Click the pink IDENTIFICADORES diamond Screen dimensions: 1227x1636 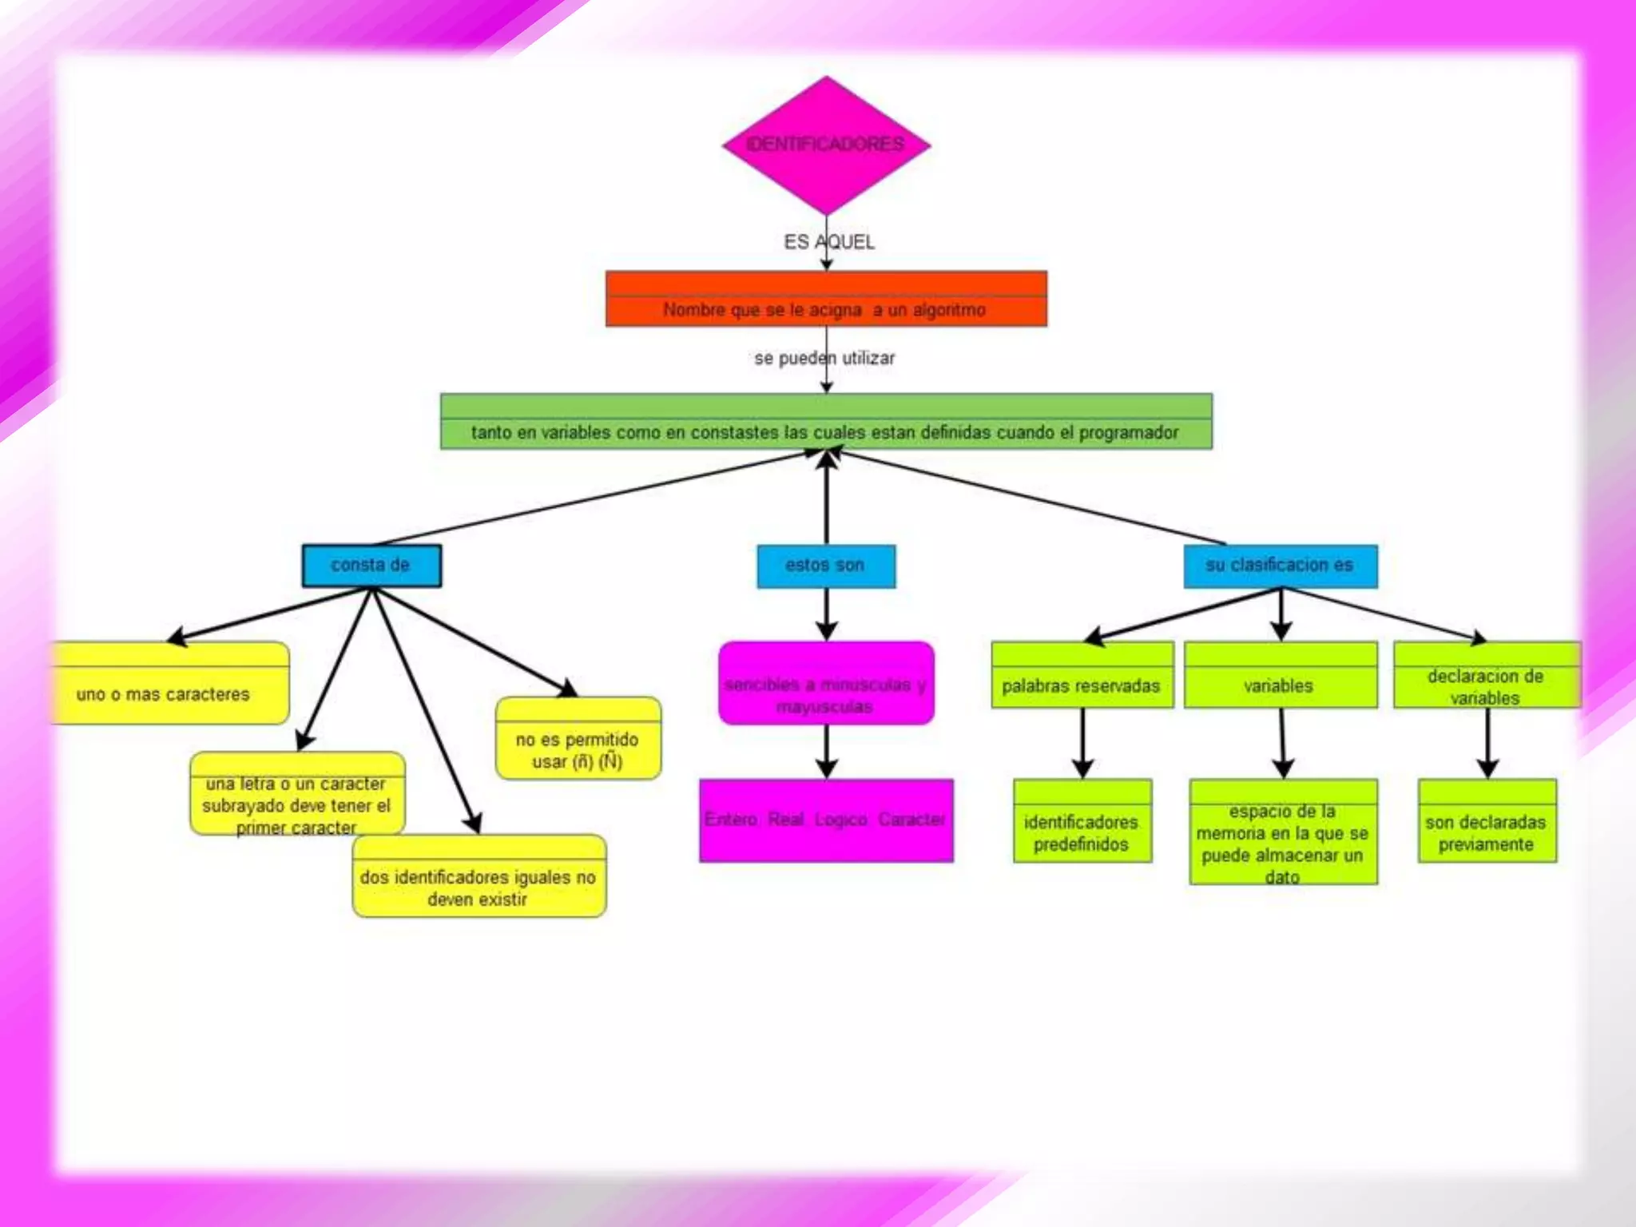(826, 145)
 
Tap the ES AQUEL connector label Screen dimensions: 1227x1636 (828, 242)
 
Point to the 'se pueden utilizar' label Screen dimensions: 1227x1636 (824, 358)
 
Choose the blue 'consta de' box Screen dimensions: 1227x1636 (371, 566)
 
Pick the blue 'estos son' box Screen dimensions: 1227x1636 (826, 566)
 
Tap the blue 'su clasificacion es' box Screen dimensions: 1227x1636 (1280, 566)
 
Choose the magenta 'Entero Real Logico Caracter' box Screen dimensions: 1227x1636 (826, 820)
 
